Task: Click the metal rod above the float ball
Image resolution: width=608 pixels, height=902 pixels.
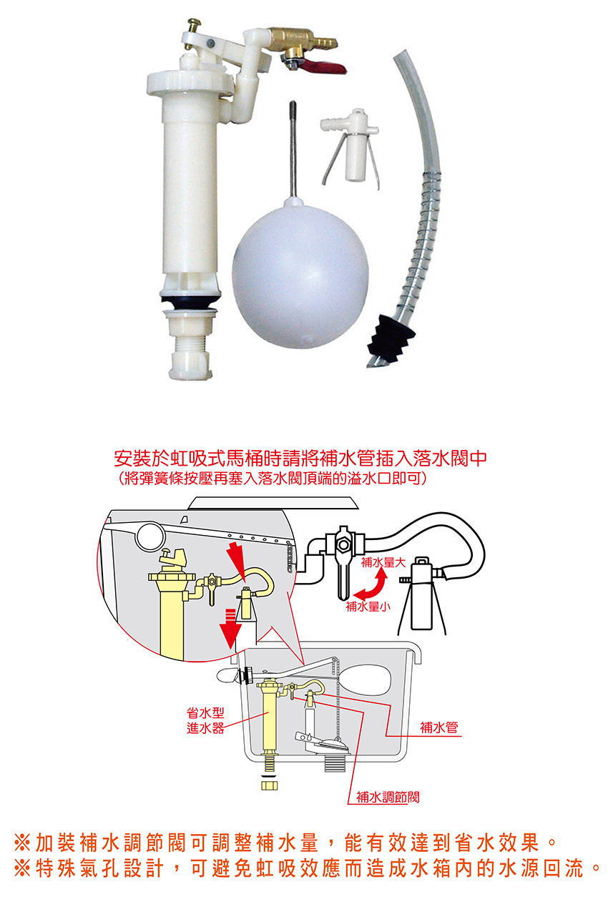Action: [x=293, y=148]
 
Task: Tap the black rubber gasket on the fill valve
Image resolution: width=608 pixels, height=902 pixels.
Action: [x=191, y=301]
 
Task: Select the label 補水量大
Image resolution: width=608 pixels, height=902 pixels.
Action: [x=383, y=562]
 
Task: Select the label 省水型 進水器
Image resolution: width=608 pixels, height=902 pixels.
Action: [x=205, y=720]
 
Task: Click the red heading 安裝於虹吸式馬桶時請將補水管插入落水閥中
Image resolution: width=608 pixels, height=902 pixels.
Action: [x=300, y=458]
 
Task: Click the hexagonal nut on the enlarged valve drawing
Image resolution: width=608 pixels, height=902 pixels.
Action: [x=343, y=544]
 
